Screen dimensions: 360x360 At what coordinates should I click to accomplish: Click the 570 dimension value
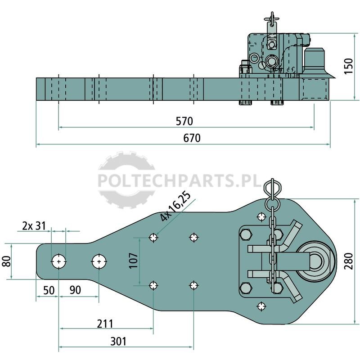(184, 121)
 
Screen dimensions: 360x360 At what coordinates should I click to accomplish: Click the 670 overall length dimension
(192, 138)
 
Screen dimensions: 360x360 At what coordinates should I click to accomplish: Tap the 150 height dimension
(348, 66)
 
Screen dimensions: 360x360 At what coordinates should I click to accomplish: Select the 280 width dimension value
(348, 261)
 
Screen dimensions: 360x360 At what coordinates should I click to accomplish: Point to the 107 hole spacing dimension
(133, 261)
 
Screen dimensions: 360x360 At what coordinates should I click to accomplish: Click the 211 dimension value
(105, 324)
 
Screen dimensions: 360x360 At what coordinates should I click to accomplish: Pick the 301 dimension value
(118, 342)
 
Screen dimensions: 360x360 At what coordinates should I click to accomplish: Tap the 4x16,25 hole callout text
(175, 206)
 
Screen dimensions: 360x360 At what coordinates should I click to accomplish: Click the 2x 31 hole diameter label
(34, 226)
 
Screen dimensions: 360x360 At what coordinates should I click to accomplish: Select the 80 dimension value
(7, 261)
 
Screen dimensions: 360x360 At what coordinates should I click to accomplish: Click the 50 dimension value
(49, 290)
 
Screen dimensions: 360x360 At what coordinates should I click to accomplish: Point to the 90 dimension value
(75, 290)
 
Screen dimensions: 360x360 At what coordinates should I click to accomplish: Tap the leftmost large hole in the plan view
(59, 261)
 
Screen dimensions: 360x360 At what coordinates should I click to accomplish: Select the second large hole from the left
(99, 261)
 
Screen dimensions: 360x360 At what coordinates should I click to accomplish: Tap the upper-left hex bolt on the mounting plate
(246, 235)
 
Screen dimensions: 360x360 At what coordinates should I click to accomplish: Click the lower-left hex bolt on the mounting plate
(246, 288)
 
